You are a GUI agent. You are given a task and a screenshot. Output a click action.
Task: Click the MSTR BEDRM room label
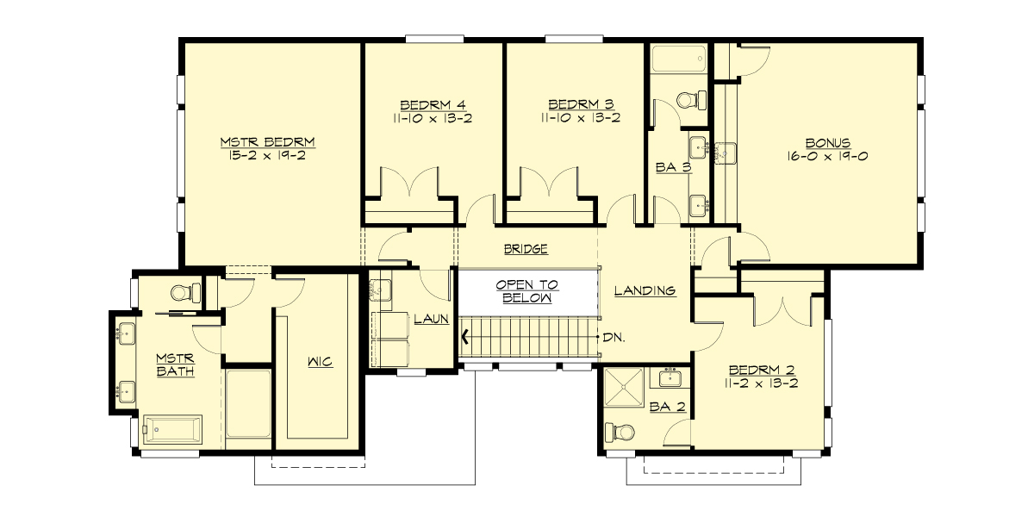(267, 141)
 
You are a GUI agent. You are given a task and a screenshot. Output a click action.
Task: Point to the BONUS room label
(828, 142)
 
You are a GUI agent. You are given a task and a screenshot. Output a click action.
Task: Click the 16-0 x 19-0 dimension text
(828, 157)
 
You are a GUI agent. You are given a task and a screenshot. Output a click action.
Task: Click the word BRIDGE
(526, 250)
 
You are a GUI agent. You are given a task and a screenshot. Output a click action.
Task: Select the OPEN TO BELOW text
(526, 291)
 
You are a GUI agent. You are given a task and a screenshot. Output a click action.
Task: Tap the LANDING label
(645, 290)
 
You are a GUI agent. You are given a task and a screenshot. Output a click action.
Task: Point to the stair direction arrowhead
(466, 337)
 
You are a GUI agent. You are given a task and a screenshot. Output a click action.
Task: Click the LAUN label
(431, 319)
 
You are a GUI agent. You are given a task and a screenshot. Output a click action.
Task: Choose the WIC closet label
(320, 362)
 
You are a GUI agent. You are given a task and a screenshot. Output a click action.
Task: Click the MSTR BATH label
(175, 364)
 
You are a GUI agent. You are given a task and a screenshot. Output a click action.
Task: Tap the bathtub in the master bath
(172, 428)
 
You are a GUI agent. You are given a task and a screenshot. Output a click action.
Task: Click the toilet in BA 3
(690, 99)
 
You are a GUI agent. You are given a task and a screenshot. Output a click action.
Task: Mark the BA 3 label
(673, 168)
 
